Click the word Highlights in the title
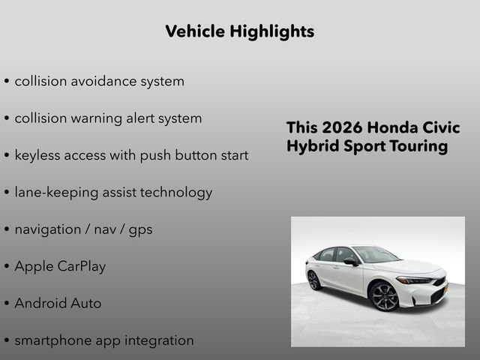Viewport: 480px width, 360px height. click(x=274, y=31)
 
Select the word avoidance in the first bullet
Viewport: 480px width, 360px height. click(x=102, y=81)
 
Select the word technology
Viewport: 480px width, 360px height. click(x=174, y=193)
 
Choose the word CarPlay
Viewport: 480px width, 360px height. click(x=82, y=267)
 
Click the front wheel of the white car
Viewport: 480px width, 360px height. click(x=385, y=297)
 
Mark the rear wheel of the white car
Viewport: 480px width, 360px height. click(x=313, y=280)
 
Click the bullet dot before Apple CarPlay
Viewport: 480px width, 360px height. click(x=7, y=267)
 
